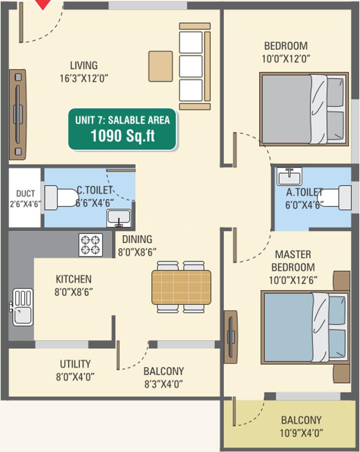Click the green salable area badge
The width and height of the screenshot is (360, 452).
tap(122, 130)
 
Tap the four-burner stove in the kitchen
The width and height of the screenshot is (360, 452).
tap(91, 245)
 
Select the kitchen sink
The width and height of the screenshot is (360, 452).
tap(23, 307)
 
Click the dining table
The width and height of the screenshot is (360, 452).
tap(181, 287)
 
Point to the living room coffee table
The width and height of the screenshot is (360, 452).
tap(161, 66)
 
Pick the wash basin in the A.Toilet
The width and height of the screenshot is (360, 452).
tap(289, 176)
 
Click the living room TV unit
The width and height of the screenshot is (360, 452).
tap(18, 114)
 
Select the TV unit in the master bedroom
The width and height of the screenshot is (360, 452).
tap(231, 337)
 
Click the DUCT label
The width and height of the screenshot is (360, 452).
tap(25, 193)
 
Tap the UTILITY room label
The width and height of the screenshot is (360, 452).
tap(75, 364)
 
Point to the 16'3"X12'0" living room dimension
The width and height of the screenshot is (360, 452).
tap(84, 79)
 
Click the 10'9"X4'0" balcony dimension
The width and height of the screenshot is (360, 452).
tap(301, 433)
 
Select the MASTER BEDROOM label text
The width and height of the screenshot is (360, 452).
tap(293, 261)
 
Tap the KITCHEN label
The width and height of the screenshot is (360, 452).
tap(73, 279)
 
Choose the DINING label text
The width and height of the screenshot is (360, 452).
tap(137, 239)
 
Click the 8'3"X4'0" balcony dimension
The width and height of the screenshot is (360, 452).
tap(164, 384)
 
